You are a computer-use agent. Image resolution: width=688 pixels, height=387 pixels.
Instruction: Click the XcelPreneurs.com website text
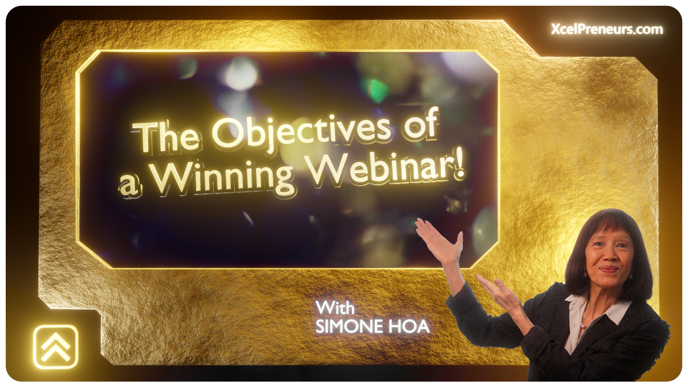pyautogui.click(x=607, y=29)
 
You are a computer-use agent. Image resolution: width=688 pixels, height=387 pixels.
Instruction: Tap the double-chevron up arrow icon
pyautogui.click(x=56, y=347)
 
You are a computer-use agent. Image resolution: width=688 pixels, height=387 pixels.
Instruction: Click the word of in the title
pyautogui.click(x=420, y=124)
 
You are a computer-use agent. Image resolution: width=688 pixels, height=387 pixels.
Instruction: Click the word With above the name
pyautogui.click(x=335, y=308)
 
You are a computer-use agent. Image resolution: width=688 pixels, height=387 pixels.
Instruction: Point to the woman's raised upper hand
pyautogui.click(x=440, y=240)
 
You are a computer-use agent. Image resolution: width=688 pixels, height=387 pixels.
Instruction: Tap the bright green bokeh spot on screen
pyautogui.click(x=376, y=89)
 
